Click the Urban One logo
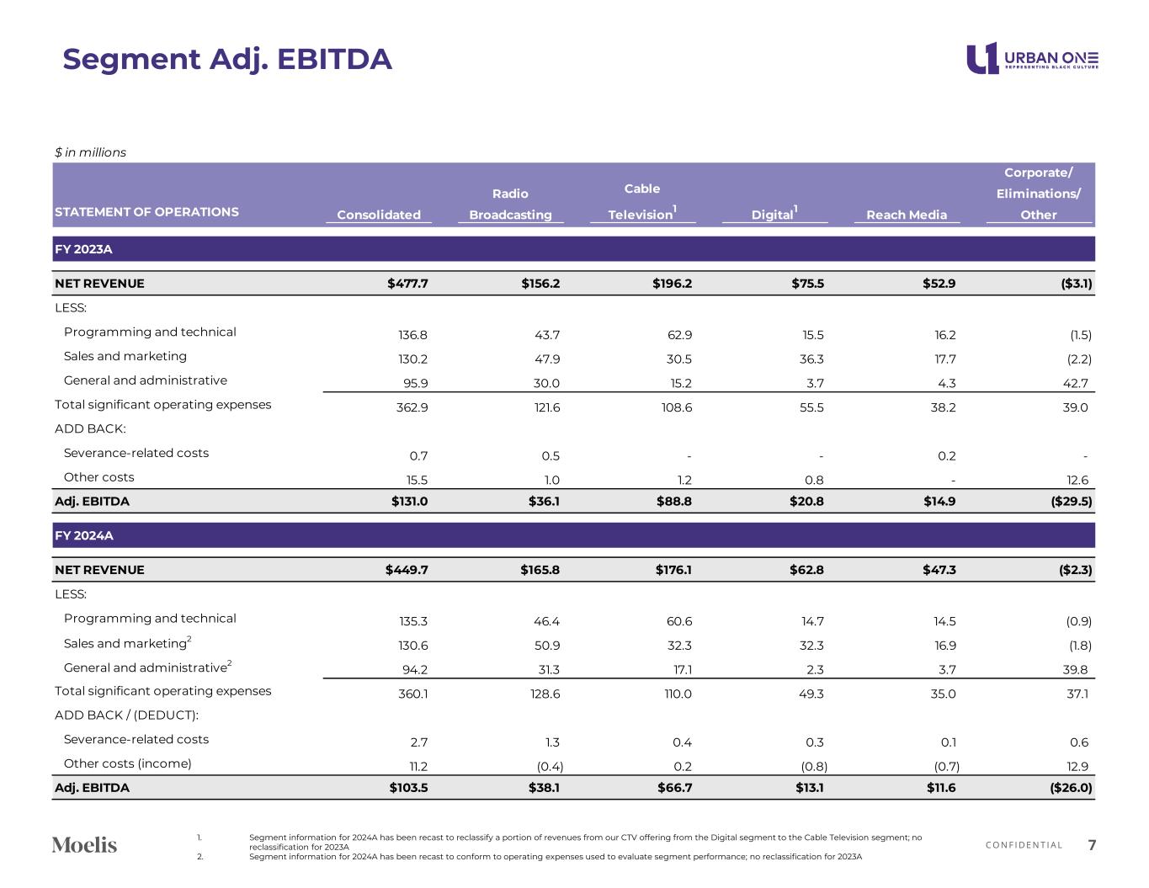click(x=1032, y=58)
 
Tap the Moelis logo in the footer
click(x=84, y=844)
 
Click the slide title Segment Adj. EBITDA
click(x=227, y=60)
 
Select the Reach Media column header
click(x=906, y=215)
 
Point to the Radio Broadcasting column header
click(x=510, y=205)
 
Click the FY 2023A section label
click(x=83, y=249)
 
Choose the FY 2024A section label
click(x=83, y=535)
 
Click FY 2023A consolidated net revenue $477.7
click(x=407, y=284)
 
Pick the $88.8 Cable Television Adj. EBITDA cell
click(x=672, y=502)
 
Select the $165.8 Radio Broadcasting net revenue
click(x=540, y=570)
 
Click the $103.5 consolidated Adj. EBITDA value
click(x=408, y=788)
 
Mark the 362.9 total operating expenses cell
click(x=412, y=407)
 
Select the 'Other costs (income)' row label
click(x=127, y=763)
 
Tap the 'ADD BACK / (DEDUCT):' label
click(x=126, y=715)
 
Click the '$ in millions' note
click(x=90, y=152)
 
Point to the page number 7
click(x=1092, y=845)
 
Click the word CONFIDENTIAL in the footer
click(x=1024, y=845)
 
